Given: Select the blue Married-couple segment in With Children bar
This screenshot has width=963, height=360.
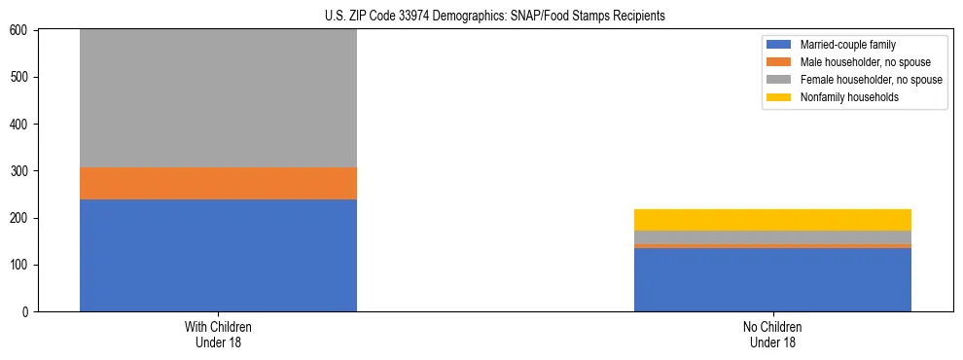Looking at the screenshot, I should tap(218, 255).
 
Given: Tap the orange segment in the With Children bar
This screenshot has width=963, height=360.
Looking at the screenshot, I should tap(218, 183).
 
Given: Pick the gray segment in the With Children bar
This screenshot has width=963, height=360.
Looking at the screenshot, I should tap(218, 98).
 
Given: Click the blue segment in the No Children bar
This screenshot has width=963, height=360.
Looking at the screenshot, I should tap(772, 279).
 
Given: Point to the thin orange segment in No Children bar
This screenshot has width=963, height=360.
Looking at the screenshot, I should tap(772, 245).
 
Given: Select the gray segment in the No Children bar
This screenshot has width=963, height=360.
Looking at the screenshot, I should tap(772, 236).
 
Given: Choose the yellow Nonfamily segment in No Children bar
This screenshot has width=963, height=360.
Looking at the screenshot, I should tap(772, 220).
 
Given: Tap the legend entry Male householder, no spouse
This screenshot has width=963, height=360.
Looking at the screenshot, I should tap(856, 62).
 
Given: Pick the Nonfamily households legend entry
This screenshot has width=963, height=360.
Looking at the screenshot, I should tap(841, 97).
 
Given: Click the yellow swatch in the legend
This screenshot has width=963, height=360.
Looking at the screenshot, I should tap(779, 97).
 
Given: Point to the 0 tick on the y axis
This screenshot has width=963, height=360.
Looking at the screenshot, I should tap(28, 312).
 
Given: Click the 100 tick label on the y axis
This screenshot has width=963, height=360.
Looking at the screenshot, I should tap(21, 266).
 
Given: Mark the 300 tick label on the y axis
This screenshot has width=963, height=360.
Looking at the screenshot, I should tap(21, 171).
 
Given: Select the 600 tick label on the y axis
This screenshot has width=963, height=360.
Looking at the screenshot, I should tap(21, 31).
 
